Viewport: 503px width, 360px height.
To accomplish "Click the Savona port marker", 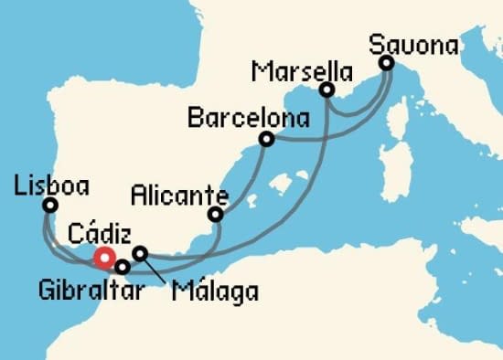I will point(386,63).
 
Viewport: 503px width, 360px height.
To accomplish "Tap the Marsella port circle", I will point(326,90).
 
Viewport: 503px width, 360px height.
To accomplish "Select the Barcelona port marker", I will point(266,139).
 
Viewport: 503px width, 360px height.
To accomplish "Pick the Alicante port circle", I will point(216,215).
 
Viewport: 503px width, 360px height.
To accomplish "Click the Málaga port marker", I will point(140,253).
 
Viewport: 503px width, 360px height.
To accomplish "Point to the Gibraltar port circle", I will point(122,267).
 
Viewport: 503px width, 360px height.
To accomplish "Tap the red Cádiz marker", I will point(104,259).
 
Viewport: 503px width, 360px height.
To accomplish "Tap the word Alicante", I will point(178,194).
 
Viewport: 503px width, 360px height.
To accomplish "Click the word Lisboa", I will point(51,185).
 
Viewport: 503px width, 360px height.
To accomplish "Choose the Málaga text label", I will point(214,292).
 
